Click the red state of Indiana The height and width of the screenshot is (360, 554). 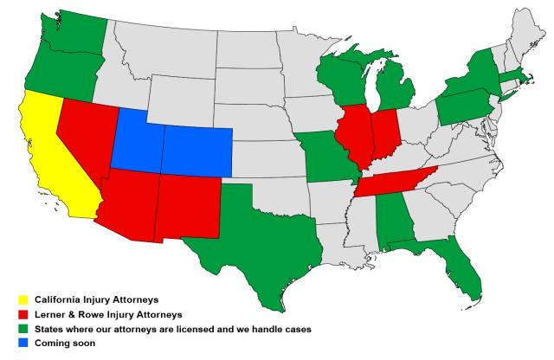[383, 134]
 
